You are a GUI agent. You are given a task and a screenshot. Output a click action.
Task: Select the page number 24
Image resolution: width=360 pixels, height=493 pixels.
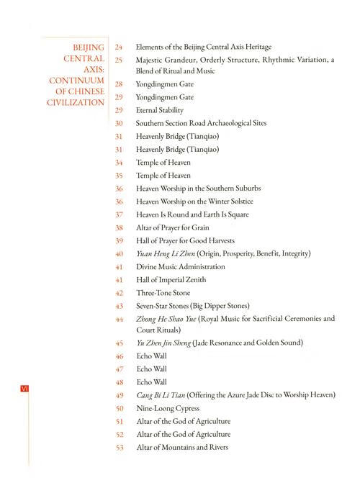point(120,48)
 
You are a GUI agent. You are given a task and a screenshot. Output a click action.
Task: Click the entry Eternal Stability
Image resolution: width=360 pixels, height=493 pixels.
point(160,111)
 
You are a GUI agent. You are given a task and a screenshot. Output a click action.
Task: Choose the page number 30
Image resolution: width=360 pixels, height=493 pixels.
point(120,123)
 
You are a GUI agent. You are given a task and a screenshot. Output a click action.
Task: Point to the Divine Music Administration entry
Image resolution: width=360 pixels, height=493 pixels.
point(180,266)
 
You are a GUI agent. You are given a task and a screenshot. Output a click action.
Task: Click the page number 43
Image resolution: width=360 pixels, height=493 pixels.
point(120,306)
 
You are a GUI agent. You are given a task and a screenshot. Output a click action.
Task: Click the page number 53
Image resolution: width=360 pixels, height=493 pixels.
point(120,448)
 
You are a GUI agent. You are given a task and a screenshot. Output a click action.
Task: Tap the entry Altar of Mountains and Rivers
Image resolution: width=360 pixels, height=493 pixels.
point(182,448)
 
